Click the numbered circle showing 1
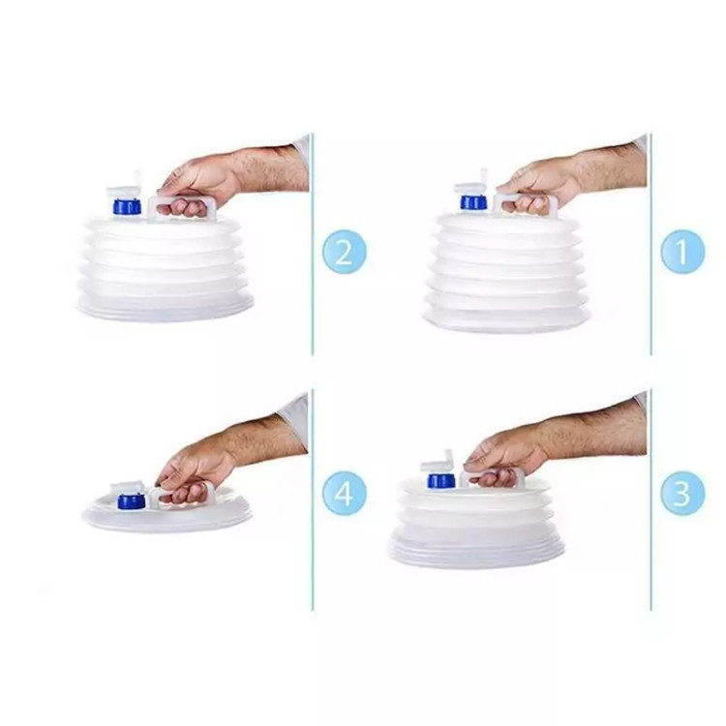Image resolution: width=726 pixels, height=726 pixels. [x=682, y=252]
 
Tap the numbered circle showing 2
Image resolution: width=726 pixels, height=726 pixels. [x=345, y=252]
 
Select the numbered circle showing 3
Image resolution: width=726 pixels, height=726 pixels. [x=682, y=493]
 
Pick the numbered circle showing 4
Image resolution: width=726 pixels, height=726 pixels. [x=345, y=493]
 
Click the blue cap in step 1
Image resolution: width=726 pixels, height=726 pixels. [x=472, y=202]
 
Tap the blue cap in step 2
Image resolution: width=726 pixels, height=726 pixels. [x=127, y=206]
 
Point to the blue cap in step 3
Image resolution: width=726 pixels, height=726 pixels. [x=441, y=480]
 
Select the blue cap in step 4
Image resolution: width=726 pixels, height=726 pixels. [x=132, y=501]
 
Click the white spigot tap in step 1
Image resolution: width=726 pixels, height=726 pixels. [x=472, y=183]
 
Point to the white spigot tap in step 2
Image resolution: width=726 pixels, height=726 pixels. [x=125, y=185]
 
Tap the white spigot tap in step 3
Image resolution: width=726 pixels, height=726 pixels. [x=438, y=462]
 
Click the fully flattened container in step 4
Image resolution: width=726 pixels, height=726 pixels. [x=166, y=509]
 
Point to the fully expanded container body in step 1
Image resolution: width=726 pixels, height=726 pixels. [x=507, y=273]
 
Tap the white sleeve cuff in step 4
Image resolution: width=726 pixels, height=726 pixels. [x=294, y=419]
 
